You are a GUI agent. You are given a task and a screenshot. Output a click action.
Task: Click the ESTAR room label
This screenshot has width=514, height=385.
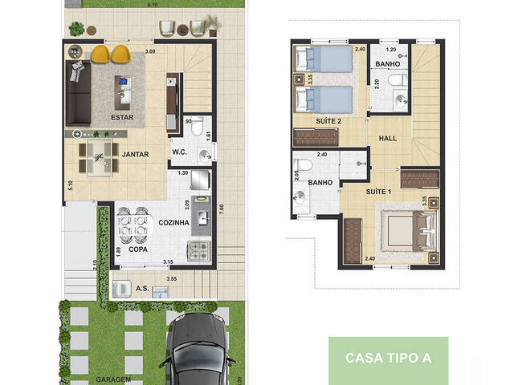pos(122,116)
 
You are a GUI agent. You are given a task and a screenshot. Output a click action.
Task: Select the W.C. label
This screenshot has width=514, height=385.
pos(180,152)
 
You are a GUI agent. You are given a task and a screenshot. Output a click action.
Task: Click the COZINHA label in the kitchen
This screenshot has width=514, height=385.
pos(173,223)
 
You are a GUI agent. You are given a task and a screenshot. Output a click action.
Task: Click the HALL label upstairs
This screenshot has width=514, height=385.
pos(388,138)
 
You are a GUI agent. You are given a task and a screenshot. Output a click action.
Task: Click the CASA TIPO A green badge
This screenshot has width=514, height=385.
pos(388,358)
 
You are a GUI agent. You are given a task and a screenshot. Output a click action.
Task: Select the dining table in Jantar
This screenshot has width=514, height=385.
pos(100,157)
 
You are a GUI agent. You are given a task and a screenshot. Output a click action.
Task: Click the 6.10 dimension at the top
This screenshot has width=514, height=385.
pos(153,5)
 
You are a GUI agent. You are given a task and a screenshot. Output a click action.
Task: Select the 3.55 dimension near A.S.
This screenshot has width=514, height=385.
pos(171,278)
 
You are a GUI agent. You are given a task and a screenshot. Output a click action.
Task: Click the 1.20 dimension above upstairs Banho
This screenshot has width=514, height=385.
pos(392,48)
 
